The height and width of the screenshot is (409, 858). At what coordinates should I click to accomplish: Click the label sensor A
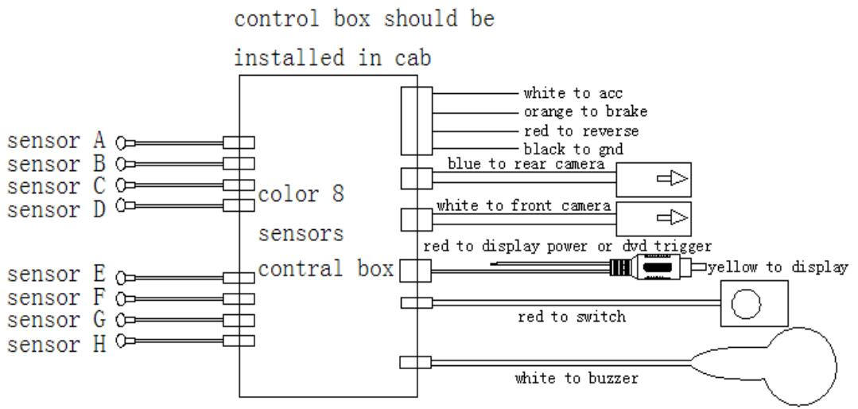[56, 142]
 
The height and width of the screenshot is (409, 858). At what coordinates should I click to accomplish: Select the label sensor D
[56, 210]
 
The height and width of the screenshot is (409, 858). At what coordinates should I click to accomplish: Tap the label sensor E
[56, 275]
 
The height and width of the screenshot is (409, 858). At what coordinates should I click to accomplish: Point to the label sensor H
[56, 345]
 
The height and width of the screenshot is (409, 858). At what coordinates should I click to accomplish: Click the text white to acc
[573, 94]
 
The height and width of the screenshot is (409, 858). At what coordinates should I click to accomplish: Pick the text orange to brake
[585, 112]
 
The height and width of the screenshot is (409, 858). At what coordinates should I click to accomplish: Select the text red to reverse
[580, 130]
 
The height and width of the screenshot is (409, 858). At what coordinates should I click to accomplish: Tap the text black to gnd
[573, 149]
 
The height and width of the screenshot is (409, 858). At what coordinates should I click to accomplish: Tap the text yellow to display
[778, 267]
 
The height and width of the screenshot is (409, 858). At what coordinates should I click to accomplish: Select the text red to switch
[571, 317]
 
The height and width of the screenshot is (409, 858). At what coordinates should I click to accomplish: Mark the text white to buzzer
[576, 379]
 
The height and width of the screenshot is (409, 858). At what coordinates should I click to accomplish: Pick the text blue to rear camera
[526, 165]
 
